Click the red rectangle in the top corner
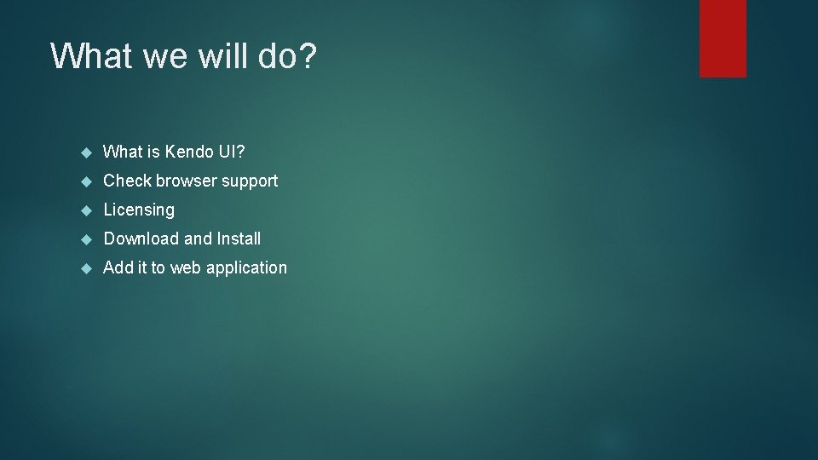(x=723, y=38)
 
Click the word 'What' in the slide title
(x=89, y=56)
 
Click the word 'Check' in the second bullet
(x=127, y=181)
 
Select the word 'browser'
(x=186, y=181)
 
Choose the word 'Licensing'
(x=139, y=210)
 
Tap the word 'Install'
(x=239, y=239)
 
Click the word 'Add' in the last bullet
(x=118, y=267)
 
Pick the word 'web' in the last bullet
(x=185, y=267)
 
